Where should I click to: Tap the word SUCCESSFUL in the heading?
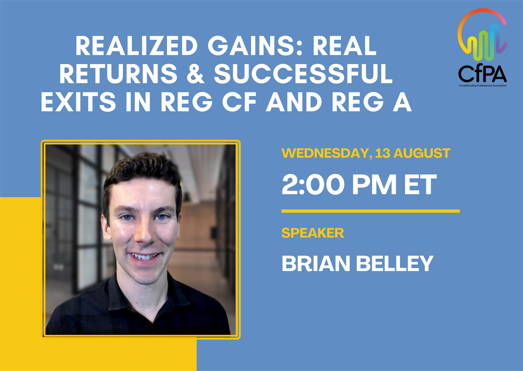coord(303,74)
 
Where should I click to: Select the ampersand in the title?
coord(195,74)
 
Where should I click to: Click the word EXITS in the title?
coord(78,102)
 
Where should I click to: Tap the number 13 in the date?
coord(383,153)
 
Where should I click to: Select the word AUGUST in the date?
coord(422,153)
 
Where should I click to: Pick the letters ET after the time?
coord(420,184)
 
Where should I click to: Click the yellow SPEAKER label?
coord(313,233)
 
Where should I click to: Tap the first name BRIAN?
coord(316,263)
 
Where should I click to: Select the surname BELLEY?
coord(395,263)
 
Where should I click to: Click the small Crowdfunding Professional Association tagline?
coord(483,86)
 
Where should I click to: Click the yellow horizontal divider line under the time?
coord(371,211)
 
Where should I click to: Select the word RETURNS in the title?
coord(119,74)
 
